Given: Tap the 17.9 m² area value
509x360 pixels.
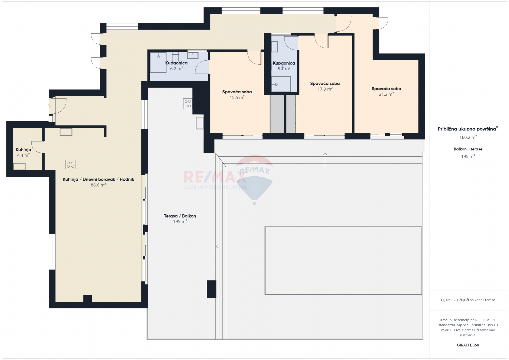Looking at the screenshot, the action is point(325,89).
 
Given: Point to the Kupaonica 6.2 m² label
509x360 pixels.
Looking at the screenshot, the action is point(176,66).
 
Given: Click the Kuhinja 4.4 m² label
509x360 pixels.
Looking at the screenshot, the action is point(23,152).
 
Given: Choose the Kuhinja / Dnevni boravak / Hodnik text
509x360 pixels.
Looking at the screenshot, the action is point(98,179).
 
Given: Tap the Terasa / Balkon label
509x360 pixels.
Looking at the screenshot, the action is point(180,216).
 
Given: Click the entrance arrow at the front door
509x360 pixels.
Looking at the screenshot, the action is point(49,106).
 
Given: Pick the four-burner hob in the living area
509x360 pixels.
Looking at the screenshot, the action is point(70,164).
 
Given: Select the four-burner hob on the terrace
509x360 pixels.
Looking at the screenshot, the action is point(188,104).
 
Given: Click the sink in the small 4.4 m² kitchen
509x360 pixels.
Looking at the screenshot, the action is point(19,166).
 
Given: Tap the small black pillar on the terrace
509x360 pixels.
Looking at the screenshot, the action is point(211,289).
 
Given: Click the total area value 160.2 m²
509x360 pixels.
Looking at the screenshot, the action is point(468,137).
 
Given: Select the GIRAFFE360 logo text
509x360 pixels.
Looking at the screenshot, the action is point(468,345).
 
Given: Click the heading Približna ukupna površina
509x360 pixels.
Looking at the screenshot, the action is point(467,129).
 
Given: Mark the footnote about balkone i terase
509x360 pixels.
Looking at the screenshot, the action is point(468,300).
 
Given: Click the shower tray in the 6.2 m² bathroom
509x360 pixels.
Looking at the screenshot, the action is point(158,62).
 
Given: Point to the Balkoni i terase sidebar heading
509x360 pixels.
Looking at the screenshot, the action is point(468,149).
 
